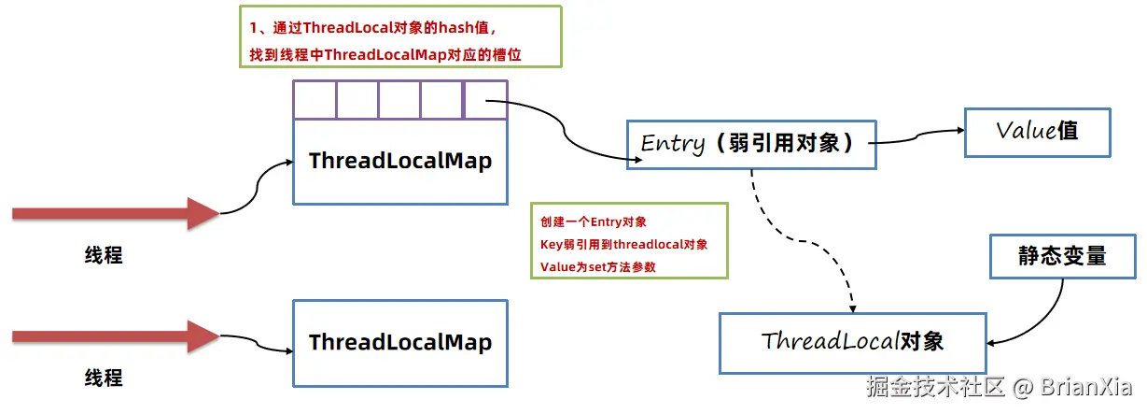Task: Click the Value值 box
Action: click(x=1037, y=131)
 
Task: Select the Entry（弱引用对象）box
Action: click(x=751, y=144)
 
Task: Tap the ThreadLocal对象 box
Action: click(x=852, y=341)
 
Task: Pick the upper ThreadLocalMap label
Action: click(x=399, y=161)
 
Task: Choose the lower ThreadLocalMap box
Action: click(x=399, y=342)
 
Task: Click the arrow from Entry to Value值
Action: click(x=919, y=140)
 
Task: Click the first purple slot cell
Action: click(x=315, y=100)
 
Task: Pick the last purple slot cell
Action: click(x=484, y=100)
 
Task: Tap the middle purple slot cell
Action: click(x=399, y=100)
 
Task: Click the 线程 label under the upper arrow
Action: click(x=104, y=255)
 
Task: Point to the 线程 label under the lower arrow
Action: click(x=104, y=378)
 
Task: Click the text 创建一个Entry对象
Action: click(x=594, y=222)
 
